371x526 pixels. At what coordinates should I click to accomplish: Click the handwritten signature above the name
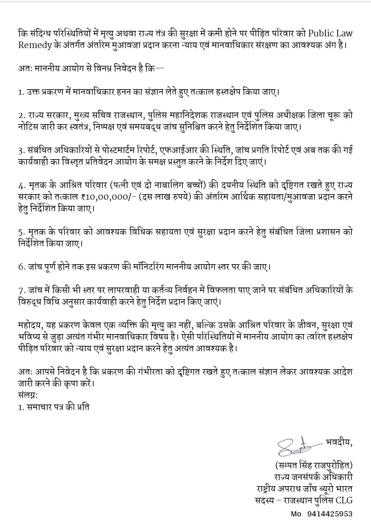pyautogui.click(x=292, y=446)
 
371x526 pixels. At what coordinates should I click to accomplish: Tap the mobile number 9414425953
pyautogui.click(x=330, y=514)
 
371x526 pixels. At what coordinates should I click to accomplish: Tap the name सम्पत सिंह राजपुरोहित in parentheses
pyautogui.click(x=314, y=466)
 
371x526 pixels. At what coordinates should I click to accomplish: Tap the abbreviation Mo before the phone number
pyautogui.click(x=296, y=514)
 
